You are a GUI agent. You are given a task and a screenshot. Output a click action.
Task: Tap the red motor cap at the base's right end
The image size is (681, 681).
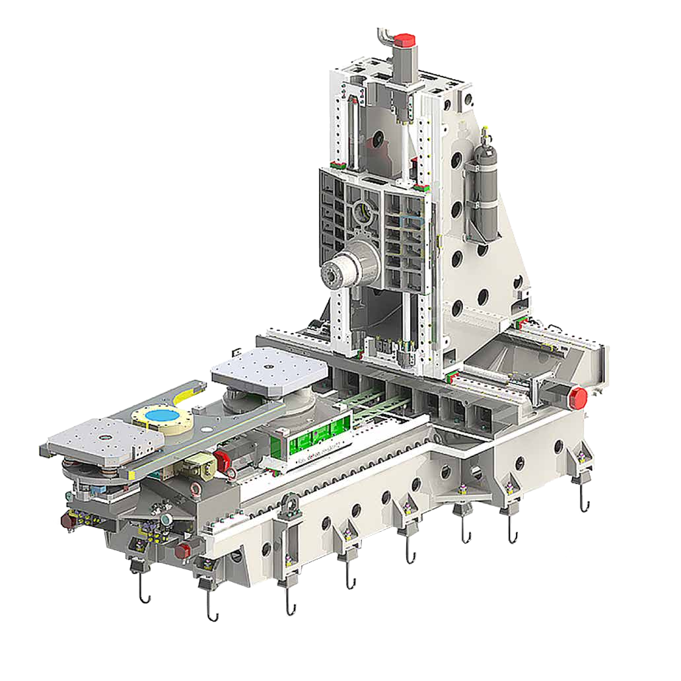coord(578,398)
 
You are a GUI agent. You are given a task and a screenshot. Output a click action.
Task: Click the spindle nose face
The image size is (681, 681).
coord(332,273)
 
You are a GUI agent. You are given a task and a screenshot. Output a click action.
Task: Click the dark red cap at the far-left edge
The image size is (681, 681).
coord(67,520)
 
